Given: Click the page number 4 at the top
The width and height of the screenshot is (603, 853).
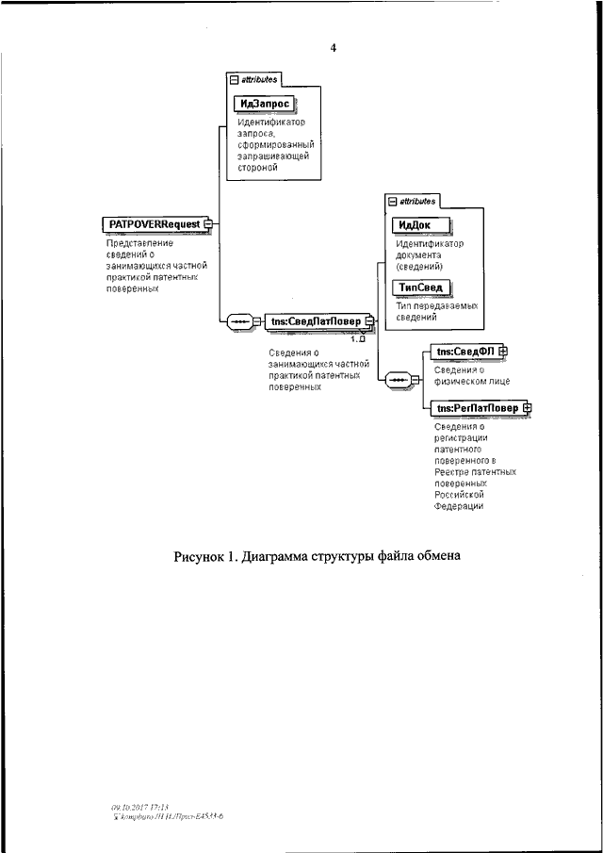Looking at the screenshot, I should click(x=333, y=47).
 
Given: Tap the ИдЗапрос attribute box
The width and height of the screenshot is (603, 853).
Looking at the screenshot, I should click(x=263, y=103).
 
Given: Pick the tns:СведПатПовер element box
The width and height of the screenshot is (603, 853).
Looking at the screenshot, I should click(x=316, y=321).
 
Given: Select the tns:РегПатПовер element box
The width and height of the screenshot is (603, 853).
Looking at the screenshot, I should click(x=476, y=408).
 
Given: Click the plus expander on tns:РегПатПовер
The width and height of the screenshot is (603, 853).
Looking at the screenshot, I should click(x=527, y=408).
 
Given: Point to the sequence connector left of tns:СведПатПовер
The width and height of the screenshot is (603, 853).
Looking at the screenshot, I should click(x=239, y=321).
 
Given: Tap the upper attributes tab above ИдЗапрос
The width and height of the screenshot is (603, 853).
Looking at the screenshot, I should click(x=253, y=80).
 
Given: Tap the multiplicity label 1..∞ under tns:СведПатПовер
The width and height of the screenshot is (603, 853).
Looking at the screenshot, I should click(x=358, y=337).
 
